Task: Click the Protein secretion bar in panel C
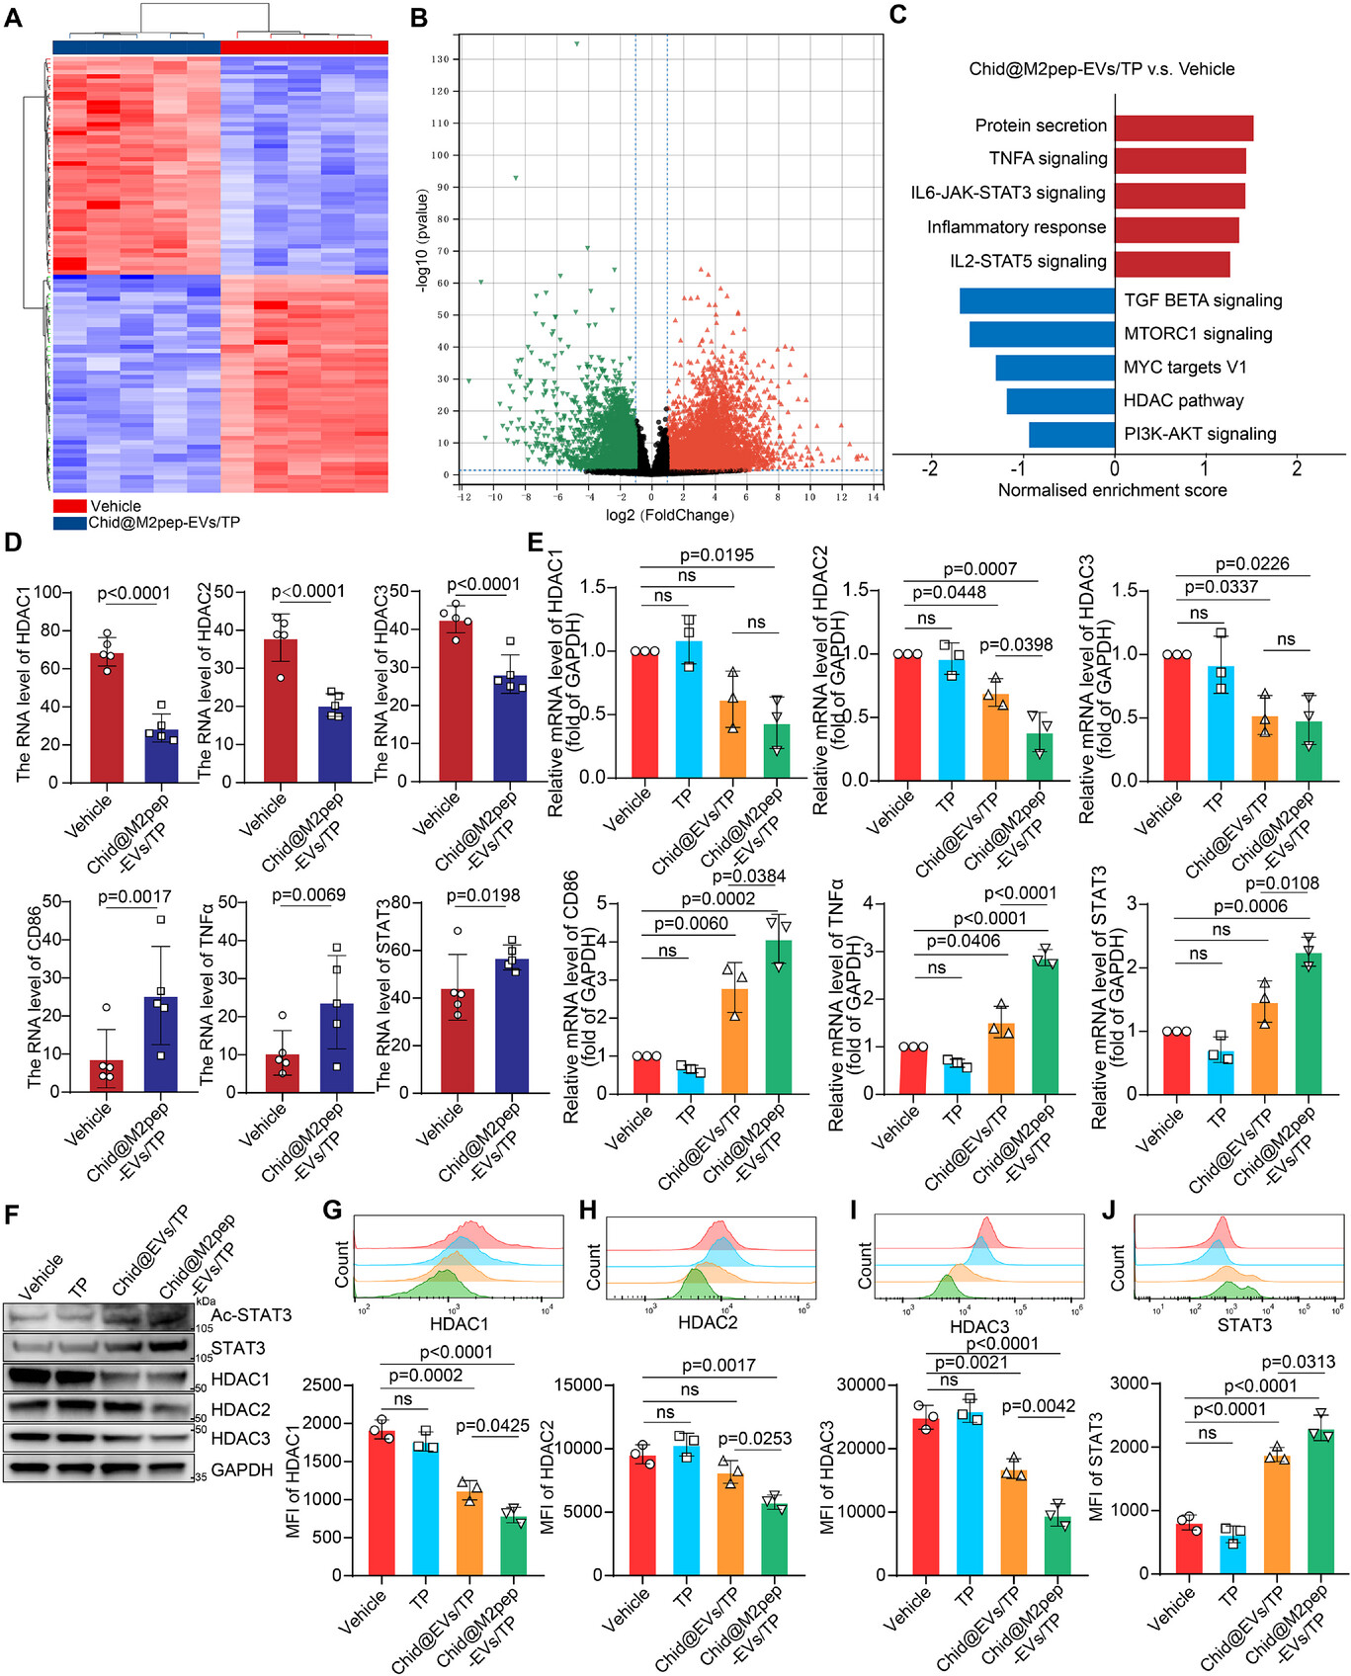[x=1184, y=127]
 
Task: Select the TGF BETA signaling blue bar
[x=1038, y=300]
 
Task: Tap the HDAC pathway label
[x=1183, y=400]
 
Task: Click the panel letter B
[x=418, y=18]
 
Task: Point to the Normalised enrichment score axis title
[x=1112, y=490]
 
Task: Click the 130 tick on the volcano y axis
[x=440, y=59]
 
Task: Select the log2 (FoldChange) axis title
[x=669, y=515]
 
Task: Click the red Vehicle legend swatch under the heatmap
[x=69, y=506]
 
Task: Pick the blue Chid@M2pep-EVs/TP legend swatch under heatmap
[x=69, y=522]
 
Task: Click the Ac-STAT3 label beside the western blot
[x=251, y=1314]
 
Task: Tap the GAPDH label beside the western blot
[x=241, y=1469]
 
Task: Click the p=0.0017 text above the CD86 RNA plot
[x=134, y=897]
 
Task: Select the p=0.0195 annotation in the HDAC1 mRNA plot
[x=717, y=555]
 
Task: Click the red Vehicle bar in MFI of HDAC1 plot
[x=381, y=1503]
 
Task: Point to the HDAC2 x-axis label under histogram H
[x=708, y=1321]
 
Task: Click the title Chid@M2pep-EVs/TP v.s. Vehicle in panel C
[x=1101, y=69]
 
